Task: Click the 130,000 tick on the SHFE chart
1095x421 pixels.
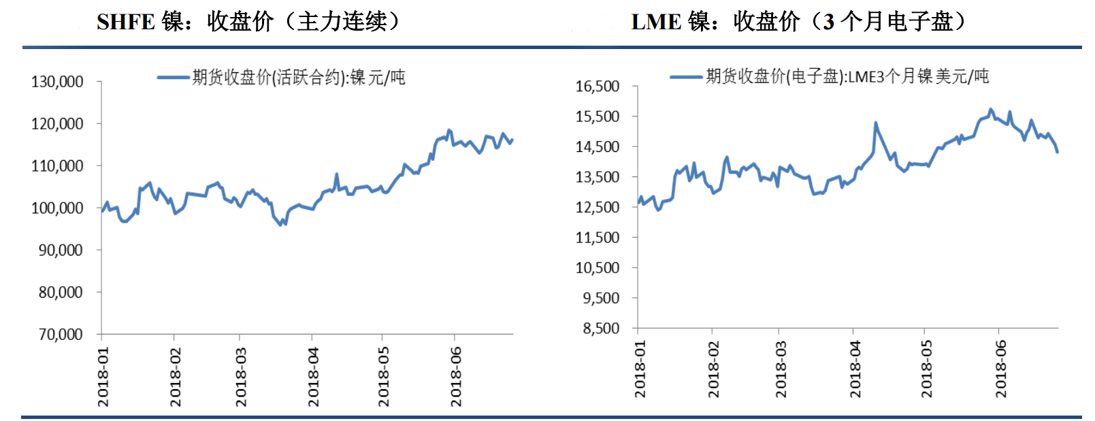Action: pyautogui.click(x=57, y=82)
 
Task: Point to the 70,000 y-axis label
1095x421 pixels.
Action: pyautogui.click(x=61, y=334)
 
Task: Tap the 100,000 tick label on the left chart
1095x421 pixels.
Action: pyautogui.click(x=57, y=208)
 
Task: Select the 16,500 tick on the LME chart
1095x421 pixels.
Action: pyautogui.click(x=598, y=87)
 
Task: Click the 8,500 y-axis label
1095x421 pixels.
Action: pyautogui.click(x=601, y=328)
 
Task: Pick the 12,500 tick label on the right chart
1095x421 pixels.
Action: pyautogui.click(x=598, y=207)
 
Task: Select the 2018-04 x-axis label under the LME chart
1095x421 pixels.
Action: pyautogui.click(x=855, y=369)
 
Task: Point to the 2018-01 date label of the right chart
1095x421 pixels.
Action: pyautogui.click(x=640, y=369)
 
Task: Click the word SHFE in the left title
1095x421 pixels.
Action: pyautogui.click(x=126, y=22)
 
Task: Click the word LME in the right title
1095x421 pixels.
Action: pyautogui.click(x=656, y=22)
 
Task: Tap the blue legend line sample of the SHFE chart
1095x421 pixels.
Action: pyautogui.click(x=174, y=78)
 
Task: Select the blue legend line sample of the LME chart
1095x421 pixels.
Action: pyautogui.click(x=686, y=77)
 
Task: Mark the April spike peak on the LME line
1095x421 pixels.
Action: pyautogui.click(x=875, y=123)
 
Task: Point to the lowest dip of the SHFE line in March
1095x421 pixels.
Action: pyautogui.click(x=280, y=225)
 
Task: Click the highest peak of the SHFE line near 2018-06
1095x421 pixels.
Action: pyautogui.click(x=448, y=129)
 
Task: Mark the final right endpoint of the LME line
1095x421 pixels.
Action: pyautogui.click(x=1058, y=152)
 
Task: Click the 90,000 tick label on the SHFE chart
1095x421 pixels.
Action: pyautogui.click(x=61, y=251)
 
